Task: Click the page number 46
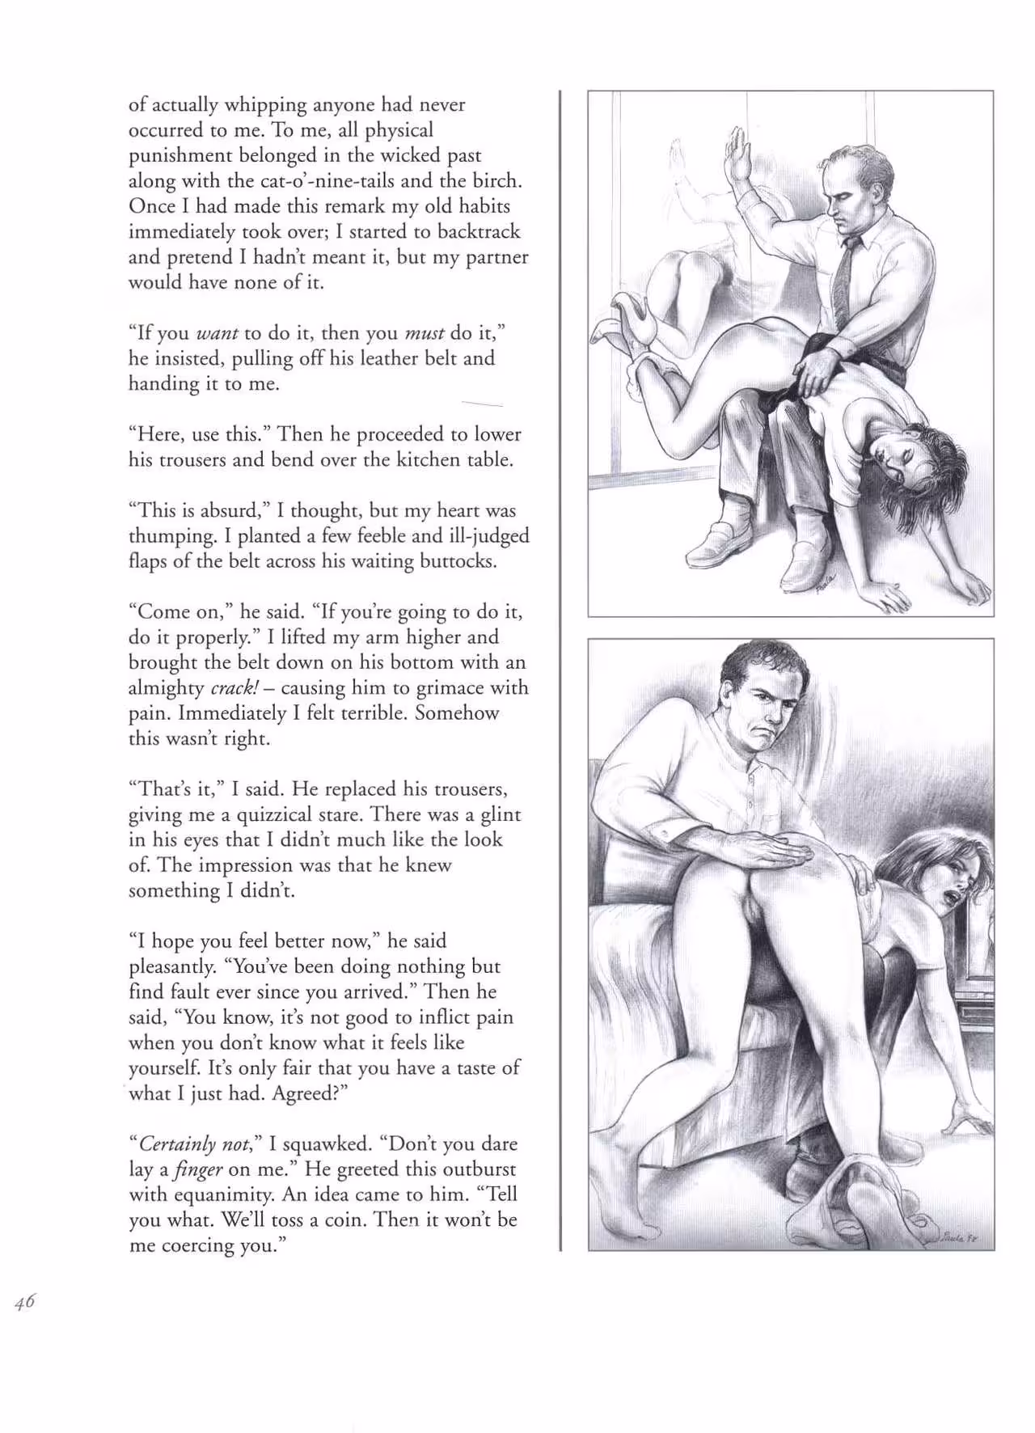click(24, 1301)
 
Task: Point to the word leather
click(378, 358)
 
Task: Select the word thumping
click(170, 537)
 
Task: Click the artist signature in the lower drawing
click(961, 1236)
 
